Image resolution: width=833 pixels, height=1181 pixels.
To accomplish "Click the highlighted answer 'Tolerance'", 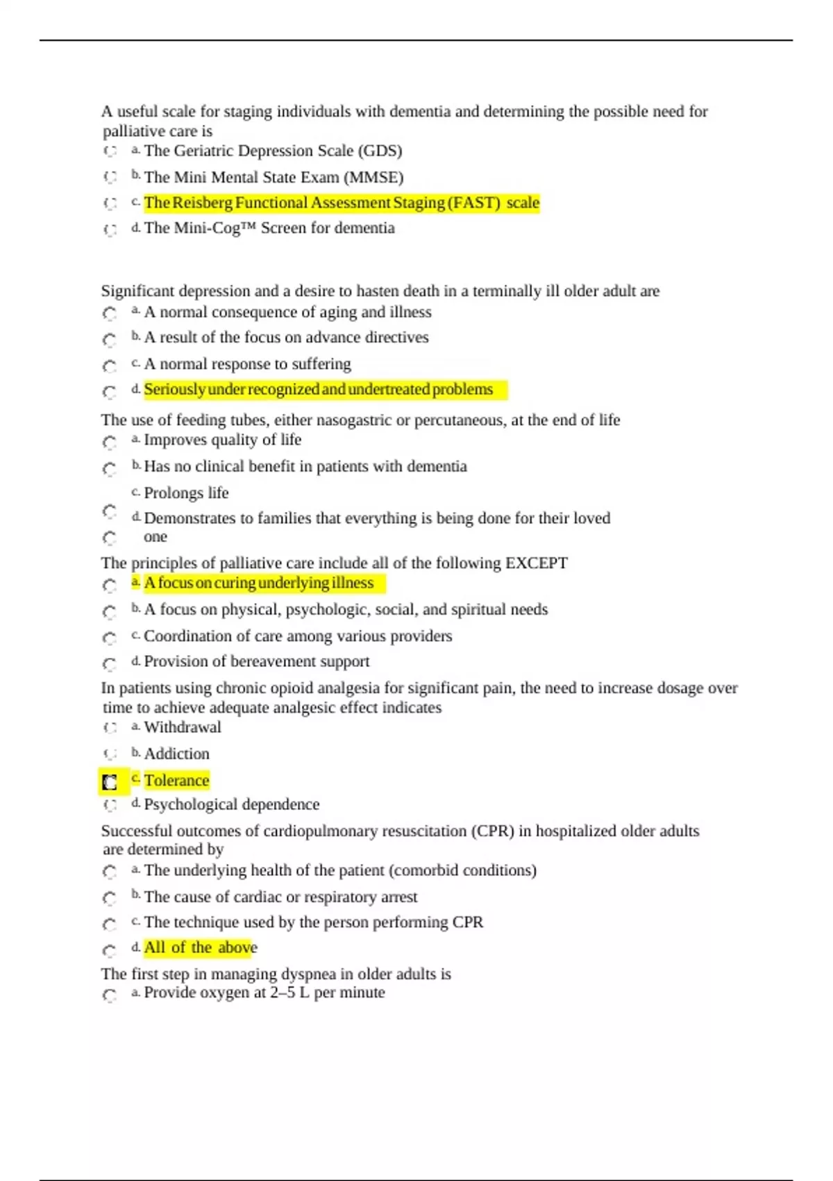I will click(176, 780).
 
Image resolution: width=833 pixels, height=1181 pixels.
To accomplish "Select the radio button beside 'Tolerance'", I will click(110, 782).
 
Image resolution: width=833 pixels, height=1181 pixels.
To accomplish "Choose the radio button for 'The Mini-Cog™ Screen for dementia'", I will click(110, 229).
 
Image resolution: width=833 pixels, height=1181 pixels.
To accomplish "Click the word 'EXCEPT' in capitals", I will click(536, 563).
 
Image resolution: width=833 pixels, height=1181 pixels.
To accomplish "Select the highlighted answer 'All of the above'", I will click(200, 948).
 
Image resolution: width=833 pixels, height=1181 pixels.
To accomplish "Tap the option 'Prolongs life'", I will click(186, 493).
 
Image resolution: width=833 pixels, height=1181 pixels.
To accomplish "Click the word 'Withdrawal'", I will click(183, 727).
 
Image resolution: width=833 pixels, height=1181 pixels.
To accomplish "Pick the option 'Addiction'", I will click(176, 754).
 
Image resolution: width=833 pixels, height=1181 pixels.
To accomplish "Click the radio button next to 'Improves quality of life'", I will click(110, 442).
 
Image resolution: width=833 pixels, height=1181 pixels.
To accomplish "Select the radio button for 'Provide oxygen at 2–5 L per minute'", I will click(110, 995).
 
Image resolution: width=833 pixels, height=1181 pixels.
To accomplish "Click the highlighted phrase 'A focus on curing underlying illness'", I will click(258, 583).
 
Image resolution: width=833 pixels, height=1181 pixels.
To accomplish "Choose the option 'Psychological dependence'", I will click(232, 804).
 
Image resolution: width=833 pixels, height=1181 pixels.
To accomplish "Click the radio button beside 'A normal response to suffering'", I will click(110, 365).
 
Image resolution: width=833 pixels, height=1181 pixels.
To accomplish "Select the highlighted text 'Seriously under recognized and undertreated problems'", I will click(318, 389).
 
